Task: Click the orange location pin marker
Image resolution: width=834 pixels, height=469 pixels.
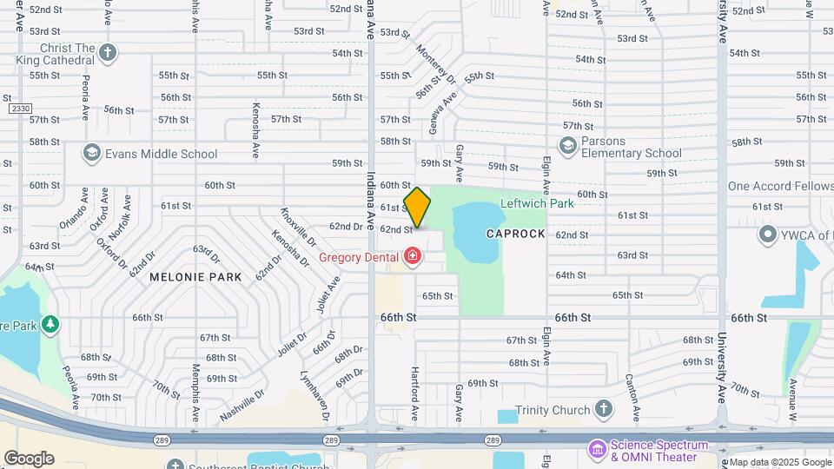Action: point(417,208)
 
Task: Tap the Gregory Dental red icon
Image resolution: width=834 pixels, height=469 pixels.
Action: point(412,256)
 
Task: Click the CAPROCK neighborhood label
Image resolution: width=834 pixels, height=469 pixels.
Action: point(515,234)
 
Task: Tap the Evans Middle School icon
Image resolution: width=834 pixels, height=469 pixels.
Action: point(90,154)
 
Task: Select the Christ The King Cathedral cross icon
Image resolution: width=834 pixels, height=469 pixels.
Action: point(107,53)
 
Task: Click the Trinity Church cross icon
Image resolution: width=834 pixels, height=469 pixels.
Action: point(604,410)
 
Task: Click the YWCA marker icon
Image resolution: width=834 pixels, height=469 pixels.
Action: point(767,234)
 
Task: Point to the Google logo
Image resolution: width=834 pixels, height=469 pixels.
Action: point(29,458)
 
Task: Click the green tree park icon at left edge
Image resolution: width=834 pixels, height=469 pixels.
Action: point(50,324)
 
